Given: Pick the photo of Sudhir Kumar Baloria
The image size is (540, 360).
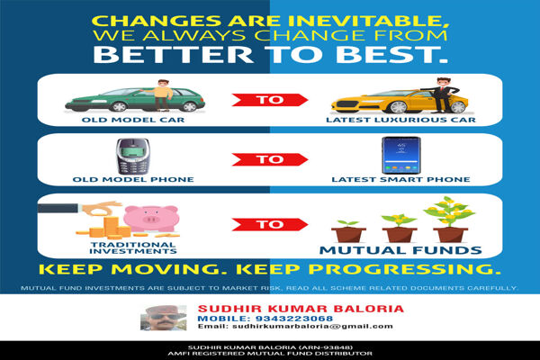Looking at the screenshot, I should tap(163, 319).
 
